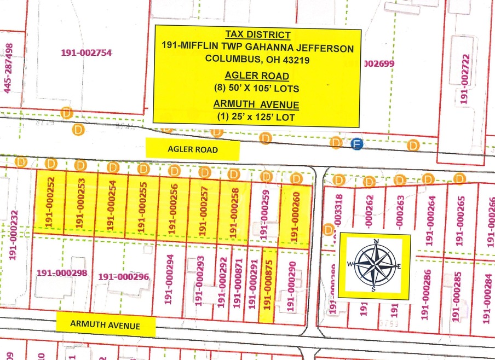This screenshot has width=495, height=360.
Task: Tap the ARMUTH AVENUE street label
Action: [105, 325]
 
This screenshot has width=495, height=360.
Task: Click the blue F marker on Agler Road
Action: [356, 143]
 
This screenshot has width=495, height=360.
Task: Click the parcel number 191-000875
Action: [268, 286]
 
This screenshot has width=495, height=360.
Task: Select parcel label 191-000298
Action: [62, 272]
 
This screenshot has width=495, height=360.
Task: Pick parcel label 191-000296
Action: [124, 277]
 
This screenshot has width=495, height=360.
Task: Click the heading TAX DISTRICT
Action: [257, 33]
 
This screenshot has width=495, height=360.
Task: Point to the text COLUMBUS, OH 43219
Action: [257, 60]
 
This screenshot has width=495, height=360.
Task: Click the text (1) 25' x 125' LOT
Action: [257, 116]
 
